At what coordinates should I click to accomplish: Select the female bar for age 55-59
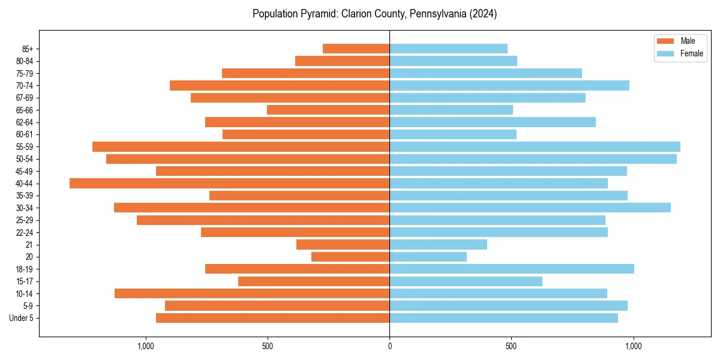535,147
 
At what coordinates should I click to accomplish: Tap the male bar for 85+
356,49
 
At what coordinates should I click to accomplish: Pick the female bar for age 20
428,257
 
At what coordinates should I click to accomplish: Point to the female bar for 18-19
511,269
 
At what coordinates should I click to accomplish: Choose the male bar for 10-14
252,293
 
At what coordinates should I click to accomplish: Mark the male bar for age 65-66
328,110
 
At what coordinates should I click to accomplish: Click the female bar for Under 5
503,318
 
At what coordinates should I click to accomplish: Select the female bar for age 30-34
530,208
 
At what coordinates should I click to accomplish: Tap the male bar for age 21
343,245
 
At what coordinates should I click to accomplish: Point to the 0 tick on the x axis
389,346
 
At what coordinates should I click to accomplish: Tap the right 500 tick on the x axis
511,346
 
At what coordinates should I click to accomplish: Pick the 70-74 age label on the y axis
25,86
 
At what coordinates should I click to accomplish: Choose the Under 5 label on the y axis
22,318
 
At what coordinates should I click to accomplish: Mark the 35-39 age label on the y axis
25,196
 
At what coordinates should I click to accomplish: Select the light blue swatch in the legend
665,53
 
